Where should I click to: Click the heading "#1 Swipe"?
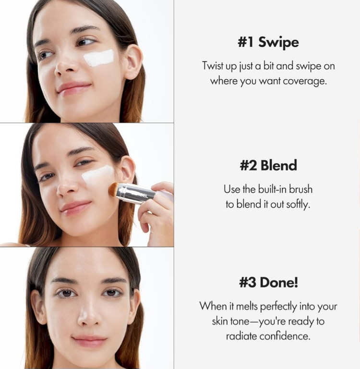pos(268,42)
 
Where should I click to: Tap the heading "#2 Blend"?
pos(268,165)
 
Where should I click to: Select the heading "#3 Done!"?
pos(268,282)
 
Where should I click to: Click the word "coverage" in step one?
pos(304,81)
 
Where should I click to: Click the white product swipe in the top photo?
pos(99,58)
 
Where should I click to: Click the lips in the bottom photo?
pos(89,341)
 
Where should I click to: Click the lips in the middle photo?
pos(75,208)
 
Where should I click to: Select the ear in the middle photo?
pos(127,170)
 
